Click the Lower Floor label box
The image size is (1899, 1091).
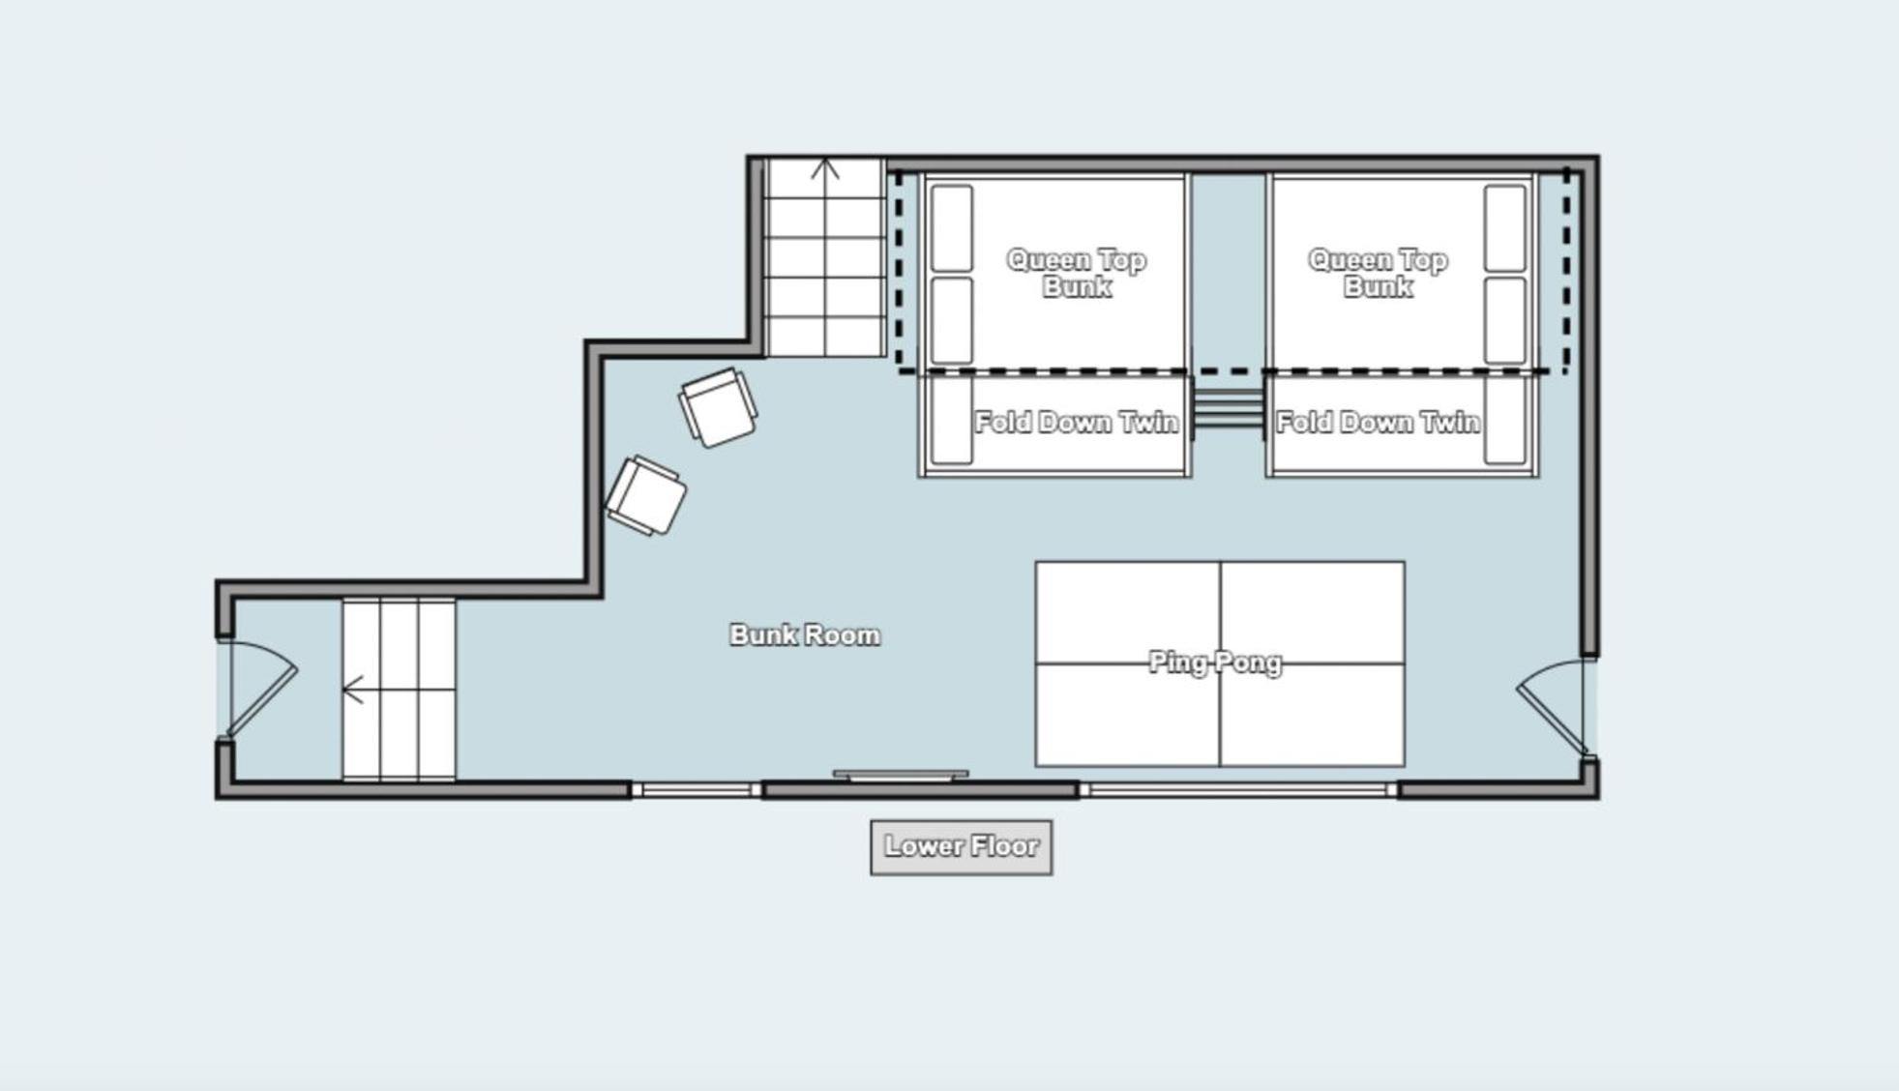pos(961,847)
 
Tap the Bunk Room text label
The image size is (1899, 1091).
pos(805,635)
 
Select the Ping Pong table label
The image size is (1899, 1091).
pos(1215,663)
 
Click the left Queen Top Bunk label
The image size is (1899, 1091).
pos(1077,273)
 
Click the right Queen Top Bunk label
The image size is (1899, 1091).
pos(1378,273)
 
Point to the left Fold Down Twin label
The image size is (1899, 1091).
pos(1077,423)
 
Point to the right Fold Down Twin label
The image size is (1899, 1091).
pos(1378,423)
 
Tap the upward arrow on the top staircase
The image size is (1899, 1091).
pos(825,170)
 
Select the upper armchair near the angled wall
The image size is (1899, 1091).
pos(718,408)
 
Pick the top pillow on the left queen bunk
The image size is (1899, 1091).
pos(952,228)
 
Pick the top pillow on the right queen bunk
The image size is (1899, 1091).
pos(1504,228)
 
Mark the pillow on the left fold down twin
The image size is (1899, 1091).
pos(952,421)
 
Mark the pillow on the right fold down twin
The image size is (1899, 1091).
pos(1504,421)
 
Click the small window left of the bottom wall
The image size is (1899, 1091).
pos(697,790)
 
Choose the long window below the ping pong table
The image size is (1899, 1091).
pos(1238,790)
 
